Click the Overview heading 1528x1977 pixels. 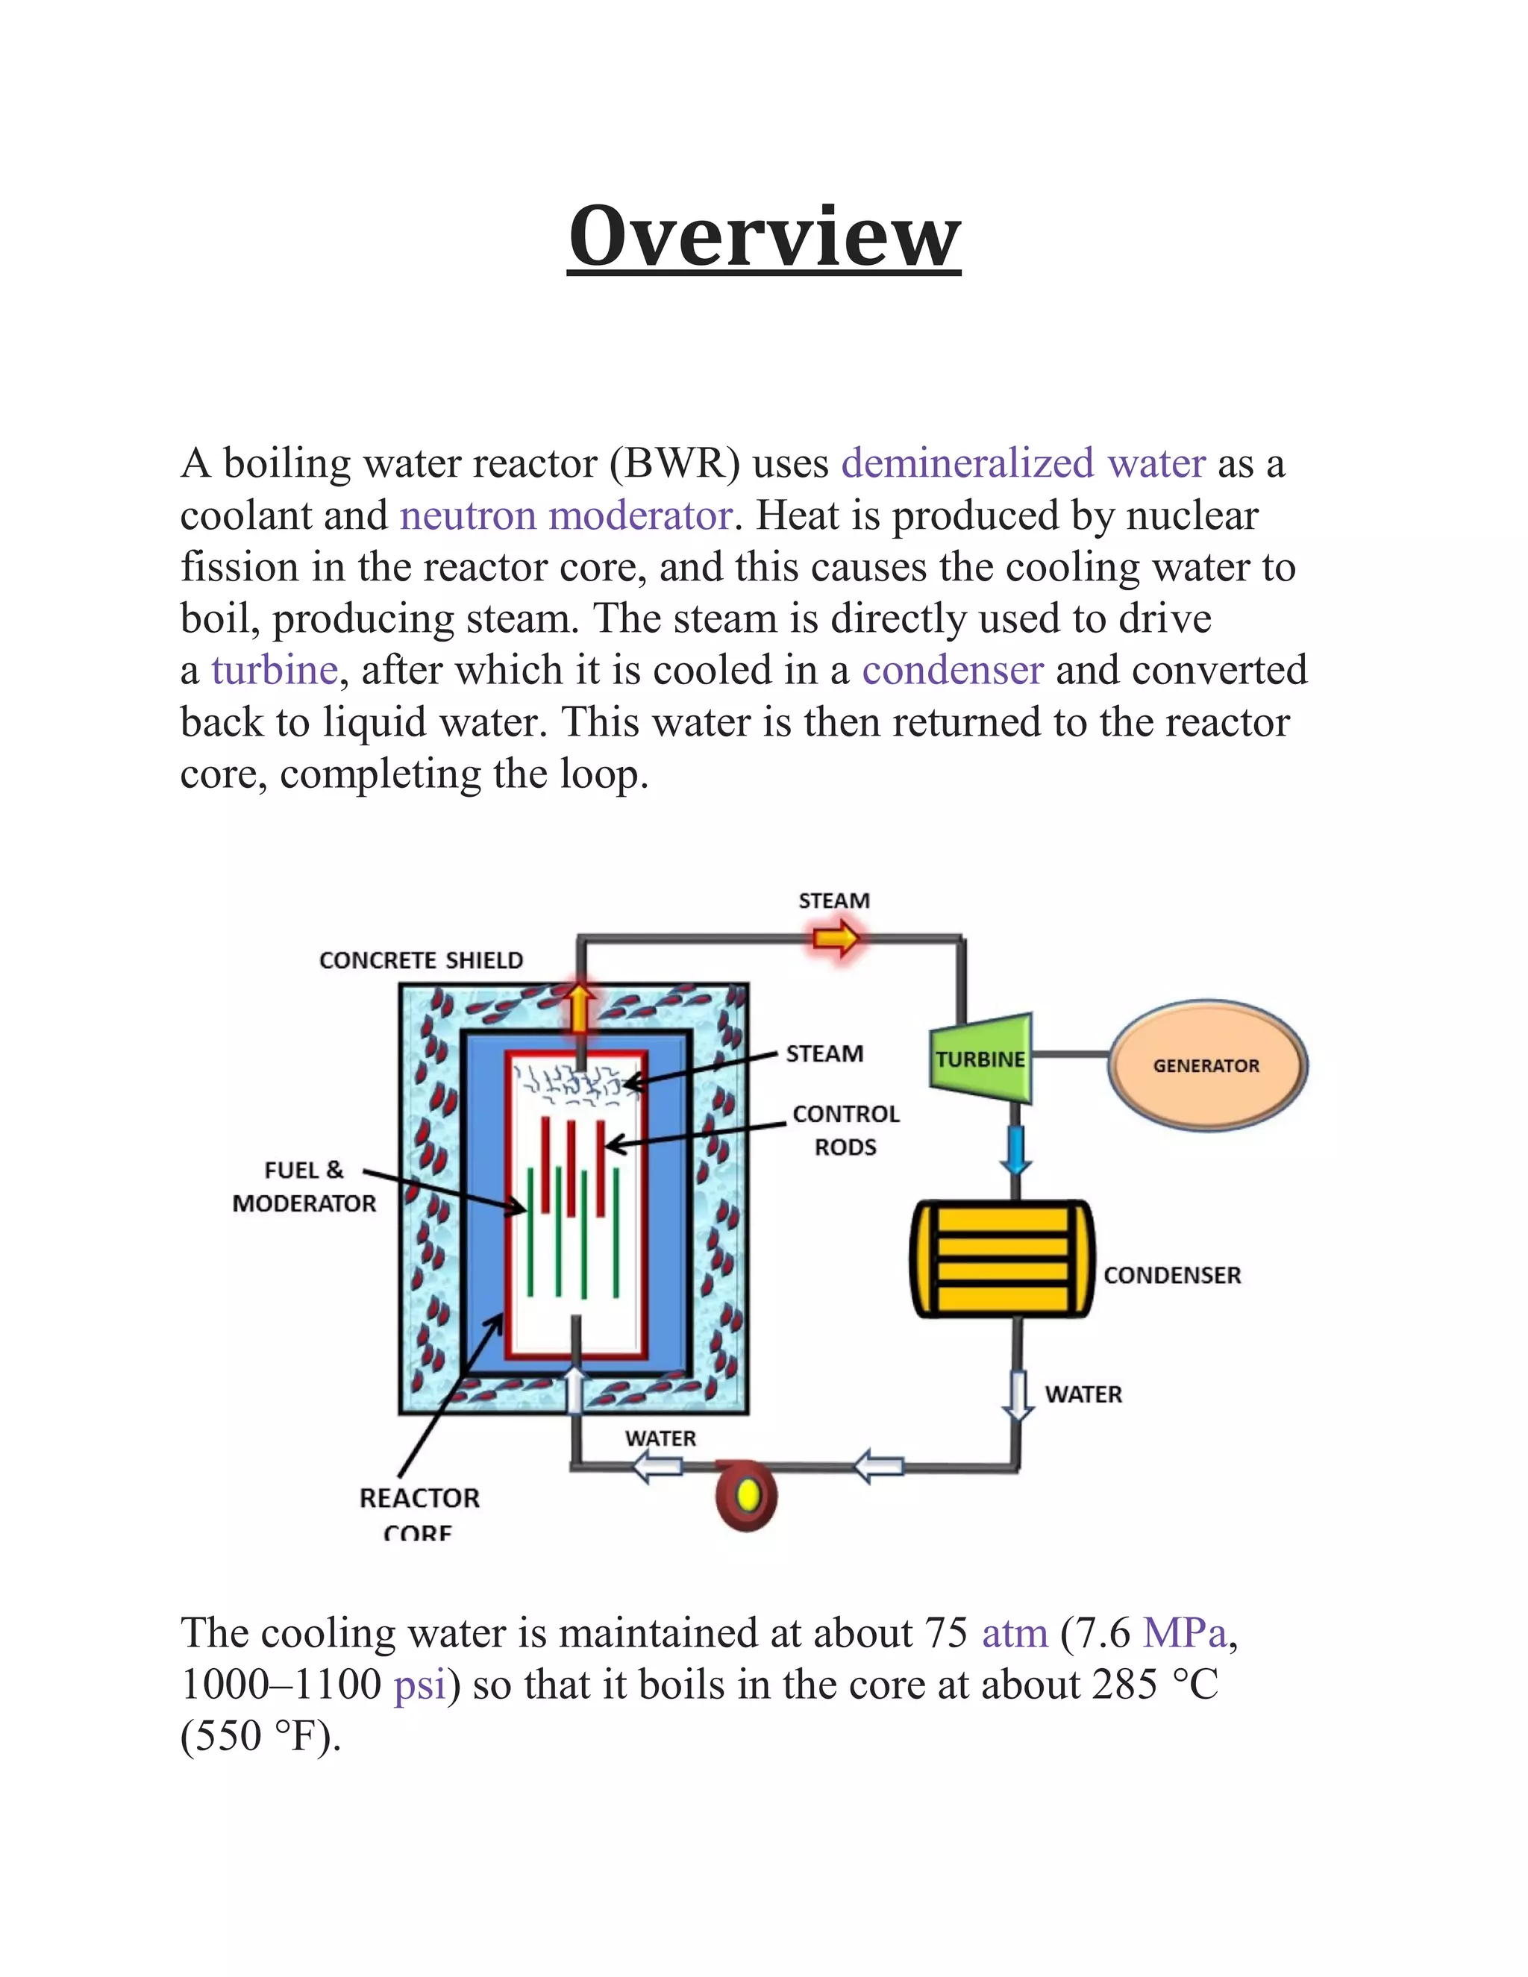pos(764,236)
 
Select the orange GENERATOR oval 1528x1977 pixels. pos(1206,1065)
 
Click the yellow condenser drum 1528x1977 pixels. pos(1002,1259)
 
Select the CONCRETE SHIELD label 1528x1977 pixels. pos(421,960)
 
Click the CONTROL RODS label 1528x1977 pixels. pos(845,1130)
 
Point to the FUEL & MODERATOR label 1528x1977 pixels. pos(304,1187)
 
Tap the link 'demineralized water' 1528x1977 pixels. pos(1023,463)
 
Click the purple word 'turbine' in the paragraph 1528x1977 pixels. pos(275,671)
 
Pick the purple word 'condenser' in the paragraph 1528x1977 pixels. pos(952,671)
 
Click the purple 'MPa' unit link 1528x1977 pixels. pos(1184,1633)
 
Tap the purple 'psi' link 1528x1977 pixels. pos(420,1685)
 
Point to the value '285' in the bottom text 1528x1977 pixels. pos(1125,1685)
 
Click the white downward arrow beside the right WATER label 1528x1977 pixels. pos(1018,1395)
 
